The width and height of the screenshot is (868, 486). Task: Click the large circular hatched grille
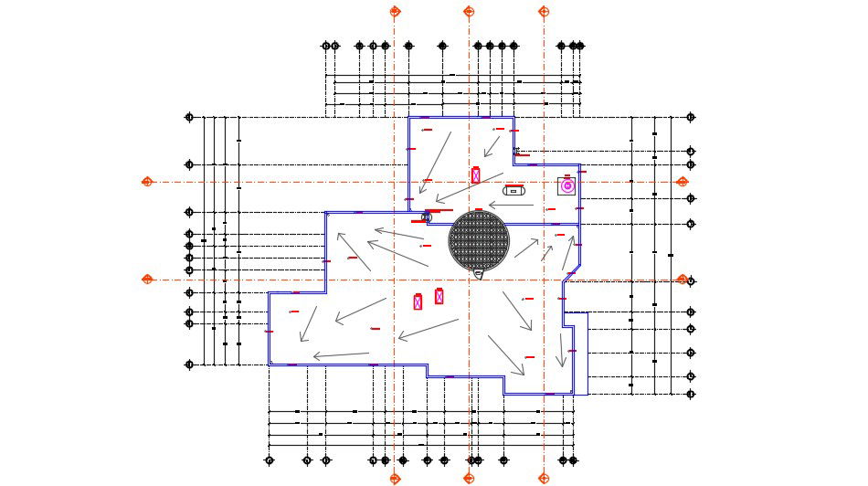pyautogui.click(x=479, y=240)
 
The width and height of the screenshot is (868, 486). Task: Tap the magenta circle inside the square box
pyautogui.click(x=566, y=185)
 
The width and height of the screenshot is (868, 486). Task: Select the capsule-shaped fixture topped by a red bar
pyautogui.click(x=513, y=190)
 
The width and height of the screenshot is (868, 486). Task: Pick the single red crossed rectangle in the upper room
pyautogui.click(x=475, y=175)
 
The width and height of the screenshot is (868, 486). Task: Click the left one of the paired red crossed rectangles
pyautogui.click(x=418, y=301)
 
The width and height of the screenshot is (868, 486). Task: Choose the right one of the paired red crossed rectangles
pyautogui.click(x=439, y=296)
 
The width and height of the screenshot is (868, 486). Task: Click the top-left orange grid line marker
pyautogui.click(x=396, y=12)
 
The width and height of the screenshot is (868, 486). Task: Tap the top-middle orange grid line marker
pyautogui.click(x=469, y=12)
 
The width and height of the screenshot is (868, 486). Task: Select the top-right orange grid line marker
pyautogui.click(x=544, y=12)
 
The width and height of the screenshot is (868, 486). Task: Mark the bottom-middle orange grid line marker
pyautogui.click(x=469, y=478)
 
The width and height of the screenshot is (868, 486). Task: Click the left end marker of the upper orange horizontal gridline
pyautogui.click(x=147, y=182)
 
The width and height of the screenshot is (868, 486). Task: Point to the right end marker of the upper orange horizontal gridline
pyautogui.click(x=682, y=182)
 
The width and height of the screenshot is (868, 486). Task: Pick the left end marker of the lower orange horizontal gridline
pyautogui.click(x=147, y=280)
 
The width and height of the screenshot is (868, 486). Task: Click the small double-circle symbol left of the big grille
pyautogui.click(x=426, y=217)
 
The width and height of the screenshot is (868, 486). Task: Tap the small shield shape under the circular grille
pyautogui.click(x=479, y=273)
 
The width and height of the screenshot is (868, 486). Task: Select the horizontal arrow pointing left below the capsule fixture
pyautogui.click(x=511, y=206)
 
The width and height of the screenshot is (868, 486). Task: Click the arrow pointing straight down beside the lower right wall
pyautogui.click(x=562, y=350)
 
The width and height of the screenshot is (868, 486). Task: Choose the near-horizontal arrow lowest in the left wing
pyautogui.click(x=341, y=355)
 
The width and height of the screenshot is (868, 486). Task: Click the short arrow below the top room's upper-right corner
pyautogui.click(x=492, y=145)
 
